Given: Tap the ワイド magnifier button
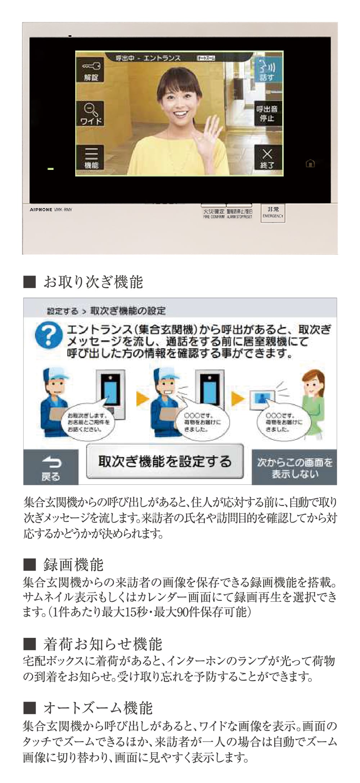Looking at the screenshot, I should coord(91,113).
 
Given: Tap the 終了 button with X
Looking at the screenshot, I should coord(267,158).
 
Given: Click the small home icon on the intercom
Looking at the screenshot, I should coord(310,164).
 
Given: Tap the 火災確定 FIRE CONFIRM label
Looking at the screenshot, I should coord(214,214).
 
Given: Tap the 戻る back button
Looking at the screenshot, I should coord(51,468).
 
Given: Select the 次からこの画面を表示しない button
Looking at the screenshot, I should coord(294,467).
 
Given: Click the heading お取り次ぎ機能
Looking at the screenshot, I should coord(93,282).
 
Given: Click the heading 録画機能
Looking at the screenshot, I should coord(73,564).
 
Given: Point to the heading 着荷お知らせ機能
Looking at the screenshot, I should coord(103,644).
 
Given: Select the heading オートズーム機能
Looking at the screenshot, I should coord(98,708).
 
